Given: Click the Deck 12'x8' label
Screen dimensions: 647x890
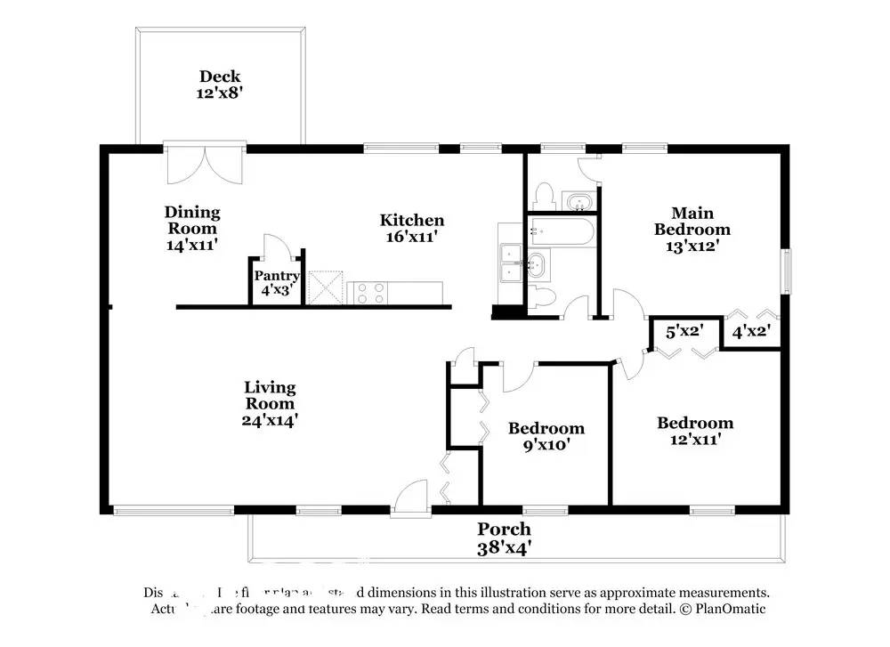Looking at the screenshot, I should (219, 84).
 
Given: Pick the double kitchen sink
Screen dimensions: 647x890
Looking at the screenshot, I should (511, 263).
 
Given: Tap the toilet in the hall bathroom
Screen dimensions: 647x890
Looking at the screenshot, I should (545, 297).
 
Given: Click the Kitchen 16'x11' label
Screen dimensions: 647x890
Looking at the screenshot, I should (411, 228).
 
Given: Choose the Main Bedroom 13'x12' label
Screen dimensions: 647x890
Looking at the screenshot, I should (692, 230).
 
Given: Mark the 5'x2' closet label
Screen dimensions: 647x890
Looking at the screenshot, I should (685, 332).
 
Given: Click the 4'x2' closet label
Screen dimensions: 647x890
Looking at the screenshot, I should (750, 332).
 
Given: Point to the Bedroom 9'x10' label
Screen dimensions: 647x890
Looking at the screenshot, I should (546, 436).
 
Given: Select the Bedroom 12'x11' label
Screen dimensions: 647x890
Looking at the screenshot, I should (694, 430).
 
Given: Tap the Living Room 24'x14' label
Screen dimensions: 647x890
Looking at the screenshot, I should (270, 403).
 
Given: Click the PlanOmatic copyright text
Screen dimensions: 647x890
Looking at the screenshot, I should (721, 610).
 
